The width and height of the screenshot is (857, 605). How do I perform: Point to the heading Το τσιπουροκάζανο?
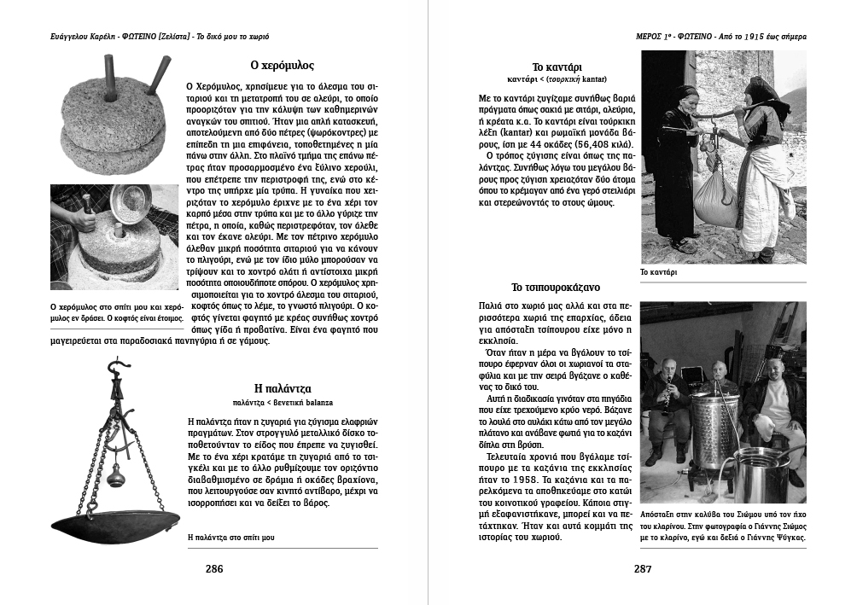(x=556, y=287)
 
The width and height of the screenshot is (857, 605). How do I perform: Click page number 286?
(x=214, y=568)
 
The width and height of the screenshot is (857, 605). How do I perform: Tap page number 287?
(x=643, y=568)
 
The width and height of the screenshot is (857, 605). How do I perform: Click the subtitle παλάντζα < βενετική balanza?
(x=283, y=401)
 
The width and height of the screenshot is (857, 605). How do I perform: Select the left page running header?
(x=160, y=37)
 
